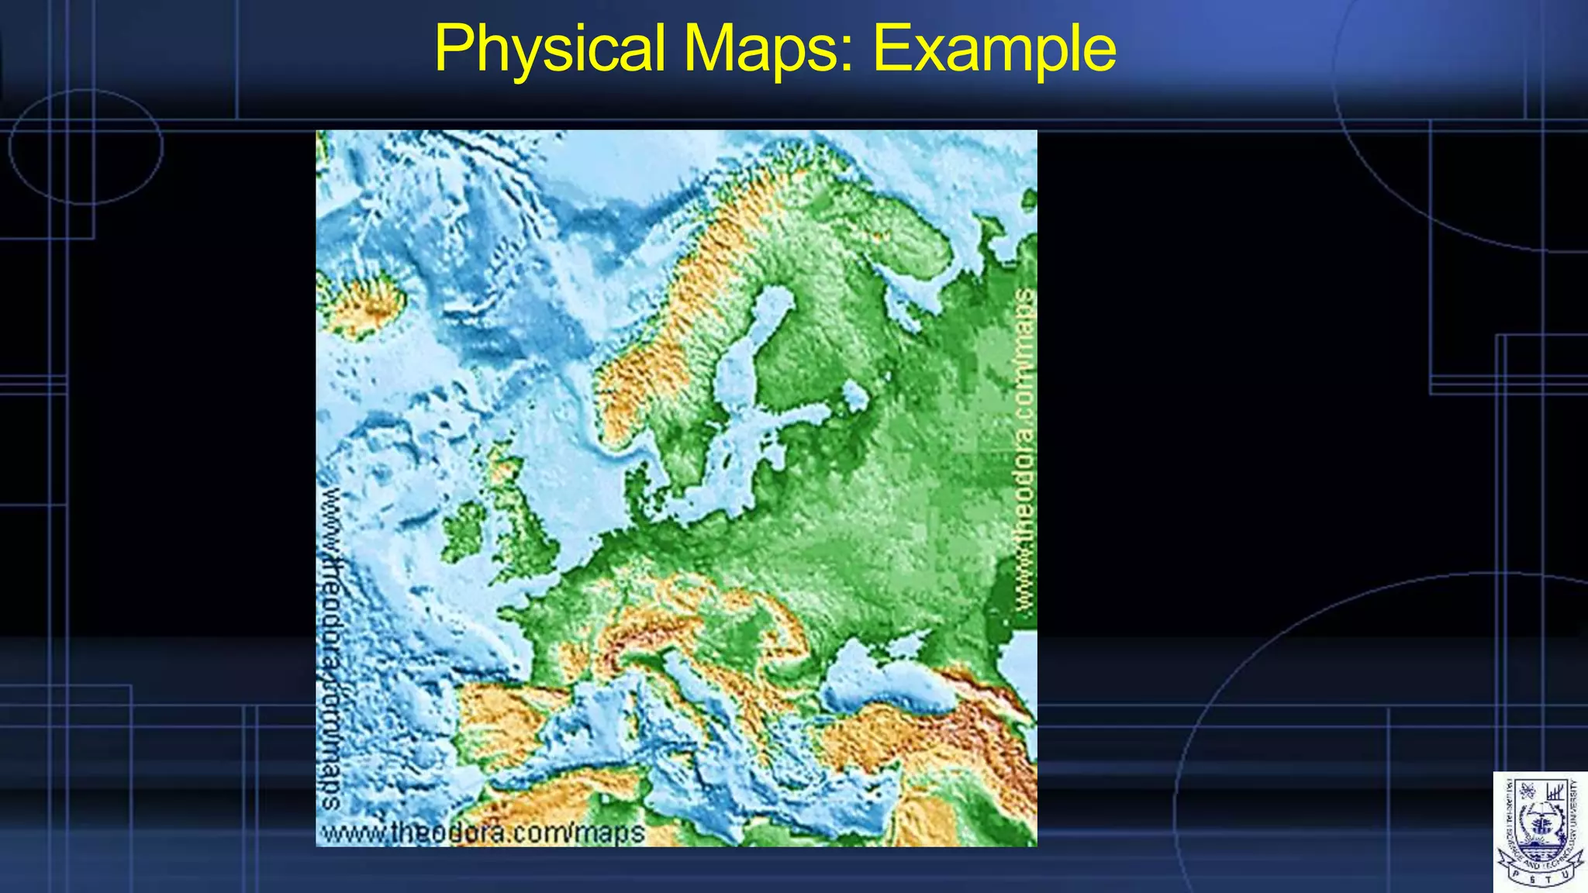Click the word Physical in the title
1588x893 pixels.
[x=550, y=49]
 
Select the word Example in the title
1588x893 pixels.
[x=994, y=49]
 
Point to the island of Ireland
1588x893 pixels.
[x=464, y=530]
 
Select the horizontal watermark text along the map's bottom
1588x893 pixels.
[x=482, y=833]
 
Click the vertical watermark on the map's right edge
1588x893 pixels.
[x=1025, y=450]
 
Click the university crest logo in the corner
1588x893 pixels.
[x=1540, y=832]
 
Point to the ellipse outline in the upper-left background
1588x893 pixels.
[x=85, y=147]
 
